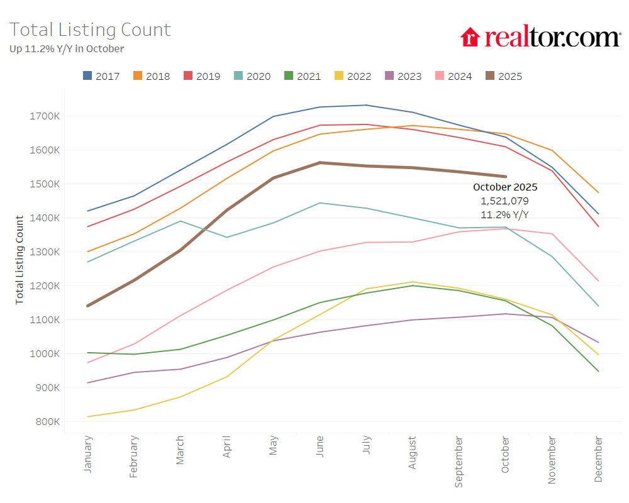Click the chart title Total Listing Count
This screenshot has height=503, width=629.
pos(90,30)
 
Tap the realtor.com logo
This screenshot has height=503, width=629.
pos(540,36)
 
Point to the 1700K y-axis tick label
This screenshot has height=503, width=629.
pos(44,116)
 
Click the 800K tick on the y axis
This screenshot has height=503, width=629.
pos(47,421)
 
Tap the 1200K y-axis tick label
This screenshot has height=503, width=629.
pos(44,285)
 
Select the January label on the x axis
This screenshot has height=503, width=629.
pos(88,453)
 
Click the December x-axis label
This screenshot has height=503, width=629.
pos(598,460)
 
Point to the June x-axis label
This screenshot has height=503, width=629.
pos(320,447)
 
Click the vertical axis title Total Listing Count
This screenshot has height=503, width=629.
pos(19,260)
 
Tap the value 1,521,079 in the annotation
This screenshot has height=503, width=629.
pos(505,201)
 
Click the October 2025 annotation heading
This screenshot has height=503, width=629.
pos(505,187)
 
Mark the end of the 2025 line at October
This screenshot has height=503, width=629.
pos(505,177)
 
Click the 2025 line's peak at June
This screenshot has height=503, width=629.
pos(320,163)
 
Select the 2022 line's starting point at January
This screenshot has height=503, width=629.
pos(88,416)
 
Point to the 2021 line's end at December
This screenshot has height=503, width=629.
pos(598,371)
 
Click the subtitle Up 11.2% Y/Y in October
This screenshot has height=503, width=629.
pos(67,48)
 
